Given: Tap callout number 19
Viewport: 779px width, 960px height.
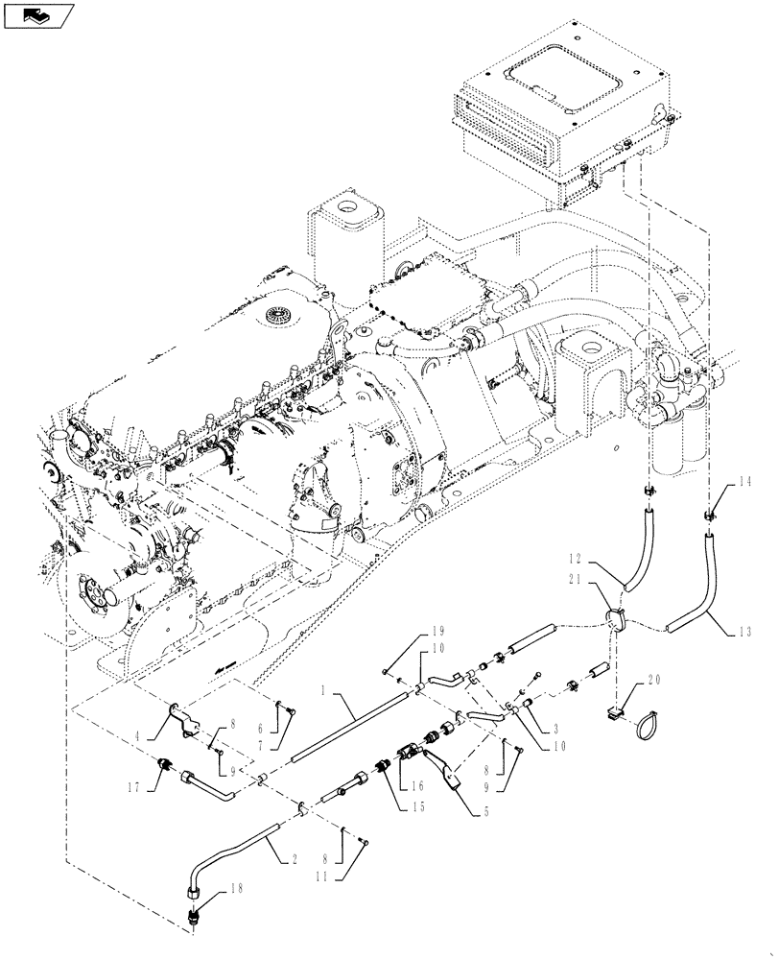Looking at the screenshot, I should point(413,629).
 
